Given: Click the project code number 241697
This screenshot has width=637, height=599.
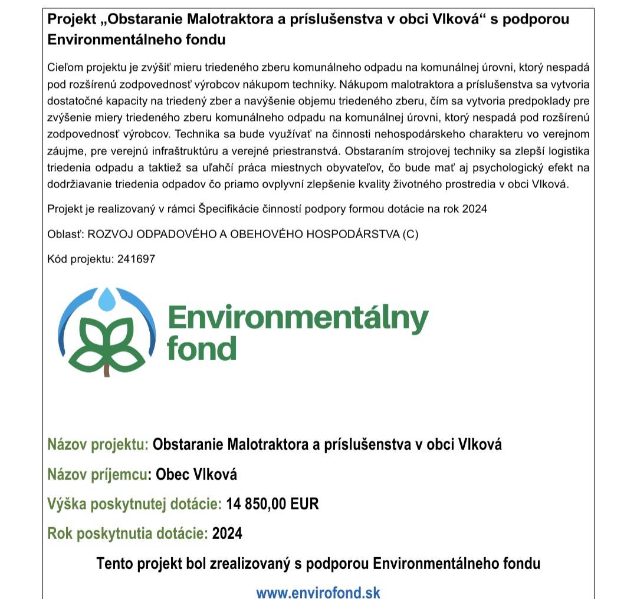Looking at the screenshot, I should [x=136, y=259].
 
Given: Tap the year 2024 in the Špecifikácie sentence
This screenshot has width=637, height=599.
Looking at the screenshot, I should [x=475, y=209].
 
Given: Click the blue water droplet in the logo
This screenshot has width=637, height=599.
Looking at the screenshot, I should [x=107, y=299].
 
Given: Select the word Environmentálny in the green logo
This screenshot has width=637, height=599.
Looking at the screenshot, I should [x=298, y=319].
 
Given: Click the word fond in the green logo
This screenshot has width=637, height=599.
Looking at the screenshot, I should [x=202, y=348].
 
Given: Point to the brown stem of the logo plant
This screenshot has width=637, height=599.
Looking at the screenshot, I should [x=107, y=370].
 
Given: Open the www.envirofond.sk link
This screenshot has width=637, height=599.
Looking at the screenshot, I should [x=318, y=592].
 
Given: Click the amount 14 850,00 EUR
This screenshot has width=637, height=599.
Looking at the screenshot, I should [x=272, y=504].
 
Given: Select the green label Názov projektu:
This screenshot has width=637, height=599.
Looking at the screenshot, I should [x=98, y=445].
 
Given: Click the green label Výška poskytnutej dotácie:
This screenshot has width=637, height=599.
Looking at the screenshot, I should [x=134, y=504].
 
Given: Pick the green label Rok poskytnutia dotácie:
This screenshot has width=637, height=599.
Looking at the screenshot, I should [x=127, y=534].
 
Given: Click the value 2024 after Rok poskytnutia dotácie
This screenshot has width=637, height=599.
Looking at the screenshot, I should [x=227, y=534].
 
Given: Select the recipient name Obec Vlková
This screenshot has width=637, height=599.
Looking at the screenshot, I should [x=196, y=475].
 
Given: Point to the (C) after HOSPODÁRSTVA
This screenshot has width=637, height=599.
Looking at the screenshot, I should [x=411, y=234].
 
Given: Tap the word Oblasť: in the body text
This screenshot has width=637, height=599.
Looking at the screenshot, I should [x=65, y=234].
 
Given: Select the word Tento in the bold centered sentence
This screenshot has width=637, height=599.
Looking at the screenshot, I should [x=114, y=564].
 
